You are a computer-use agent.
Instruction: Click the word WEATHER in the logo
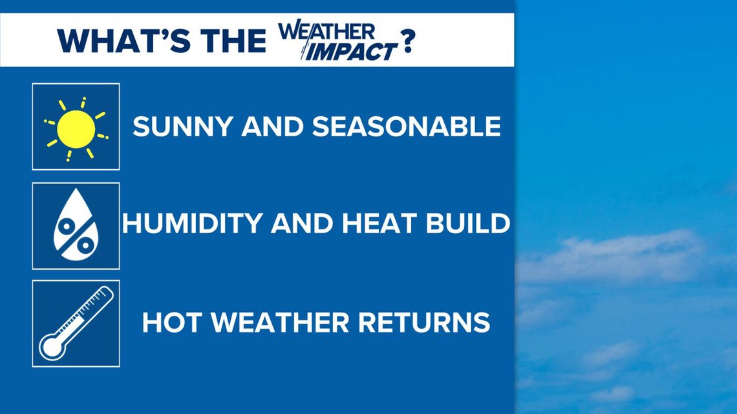(x=327, y=31)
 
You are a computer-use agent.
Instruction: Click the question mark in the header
(x=408, y=41)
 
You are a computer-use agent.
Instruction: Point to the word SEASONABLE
(x=407, y=127)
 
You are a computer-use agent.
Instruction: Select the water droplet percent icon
(x=76, y=225)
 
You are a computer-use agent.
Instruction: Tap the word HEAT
(x=383, y=224)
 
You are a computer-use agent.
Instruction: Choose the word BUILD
(x=469, y=224)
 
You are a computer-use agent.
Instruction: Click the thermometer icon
(x=76, y=323)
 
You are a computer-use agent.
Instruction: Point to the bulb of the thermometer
(x=50, y=347)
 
